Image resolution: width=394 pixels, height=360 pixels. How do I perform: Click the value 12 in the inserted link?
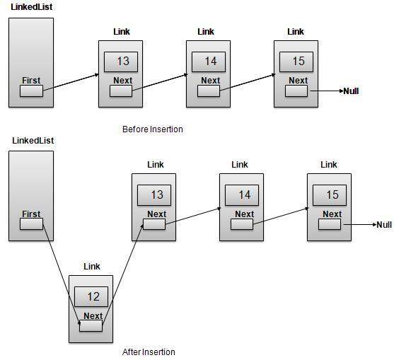tap(92, 296)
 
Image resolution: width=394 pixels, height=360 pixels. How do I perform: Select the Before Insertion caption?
tap(152, 129)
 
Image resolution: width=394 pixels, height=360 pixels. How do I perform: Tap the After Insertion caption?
tap(149, 352)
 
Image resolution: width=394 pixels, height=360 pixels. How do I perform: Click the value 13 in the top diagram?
tap(122, 62)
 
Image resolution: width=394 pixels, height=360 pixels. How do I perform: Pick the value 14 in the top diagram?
tap(210, 62)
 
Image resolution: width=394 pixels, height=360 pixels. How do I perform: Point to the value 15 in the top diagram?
tap(298, 62)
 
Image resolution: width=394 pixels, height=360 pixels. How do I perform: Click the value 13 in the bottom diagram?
tap(156, 194)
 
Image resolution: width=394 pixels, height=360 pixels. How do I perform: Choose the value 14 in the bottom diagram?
tap(244, 194)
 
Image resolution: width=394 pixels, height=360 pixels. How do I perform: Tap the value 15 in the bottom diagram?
tap(332, 194)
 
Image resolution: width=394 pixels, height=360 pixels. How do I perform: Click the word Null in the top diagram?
tap(351, 91)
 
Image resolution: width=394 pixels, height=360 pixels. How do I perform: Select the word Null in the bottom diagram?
tap(384, 225)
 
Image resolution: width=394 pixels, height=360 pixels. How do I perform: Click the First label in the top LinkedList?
tap(31, 81)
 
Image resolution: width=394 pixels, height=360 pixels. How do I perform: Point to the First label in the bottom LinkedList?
tap(31, 214)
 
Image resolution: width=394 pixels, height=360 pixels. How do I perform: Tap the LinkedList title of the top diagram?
tap(32, 6)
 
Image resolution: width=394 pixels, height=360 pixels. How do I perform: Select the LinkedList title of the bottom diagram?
tap(32, 141)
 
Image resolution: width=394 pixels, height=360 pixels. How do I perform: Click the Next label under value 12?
tap(93, 316)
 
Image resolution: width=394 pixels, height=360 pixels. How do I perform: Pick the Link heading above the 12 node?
tap(92, 267)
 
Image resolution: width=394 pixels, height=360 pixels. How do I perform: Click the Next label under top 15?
tap(298, 81)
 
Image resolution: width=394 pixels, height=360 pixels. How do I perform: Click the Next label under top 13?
tap(122, 81)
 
